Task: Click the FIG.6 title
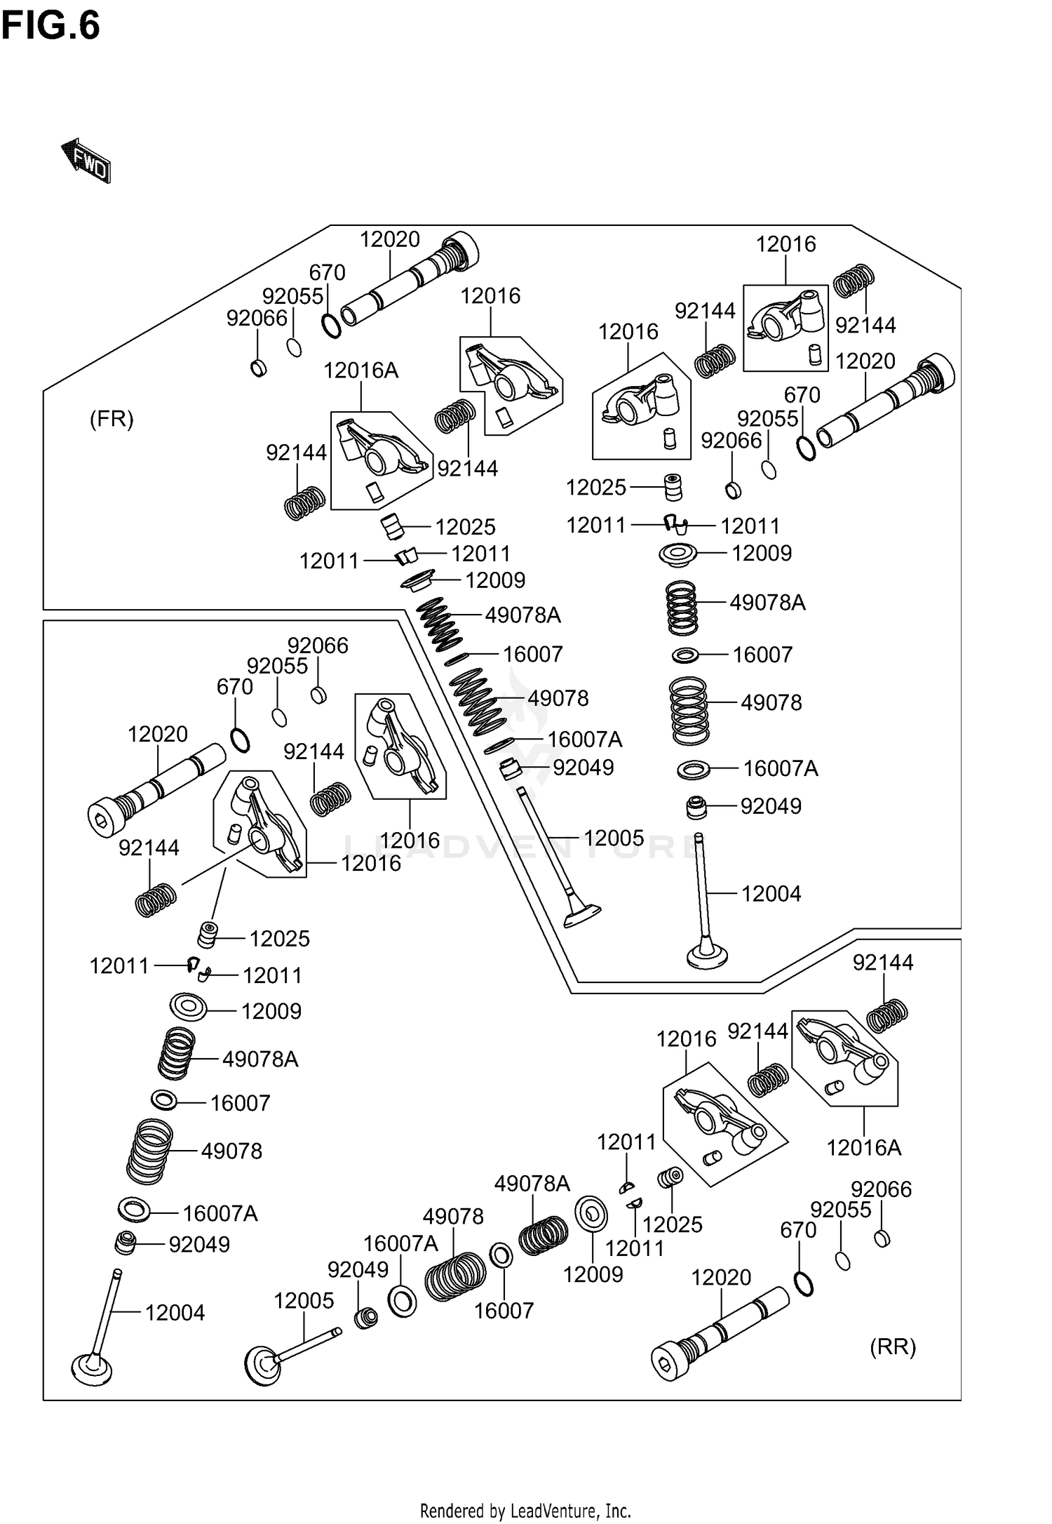click(x=50, y=26)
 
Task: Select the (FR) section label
click(x=112, y=419)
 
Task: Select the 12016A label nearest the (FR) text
click(x=360, y=370)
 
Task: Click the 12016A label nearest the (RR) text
click(x=863, y=1147)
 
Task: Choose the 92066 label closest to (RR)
click(x=881, y=1189)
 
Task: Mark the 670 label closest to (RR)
click(x=798, y=1229)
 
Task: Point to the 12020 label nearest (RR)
click(x=721, y=1277)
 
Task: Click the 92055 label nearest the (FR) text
click(x=292, y=296)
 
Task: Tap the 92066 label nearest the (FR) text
click(x=257, y=318)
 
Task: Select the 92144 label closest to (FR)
click(x=296, y=453)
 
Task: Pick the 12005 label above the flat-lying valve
click(x=304, y=1300)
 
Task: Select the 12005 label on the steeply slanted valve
click(x=614, y=838)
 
